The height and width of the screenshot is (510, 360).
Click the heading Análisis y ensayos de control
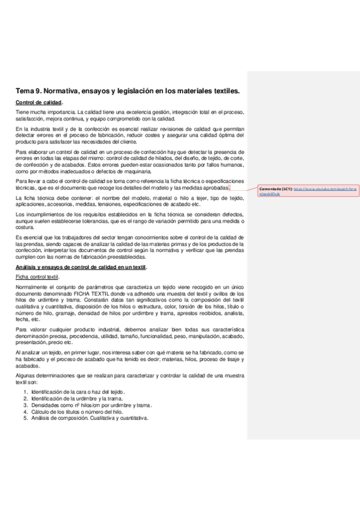[x=81, y=267]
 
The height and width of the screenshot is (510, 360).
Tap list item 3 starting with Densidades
[x=90, y=405]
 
